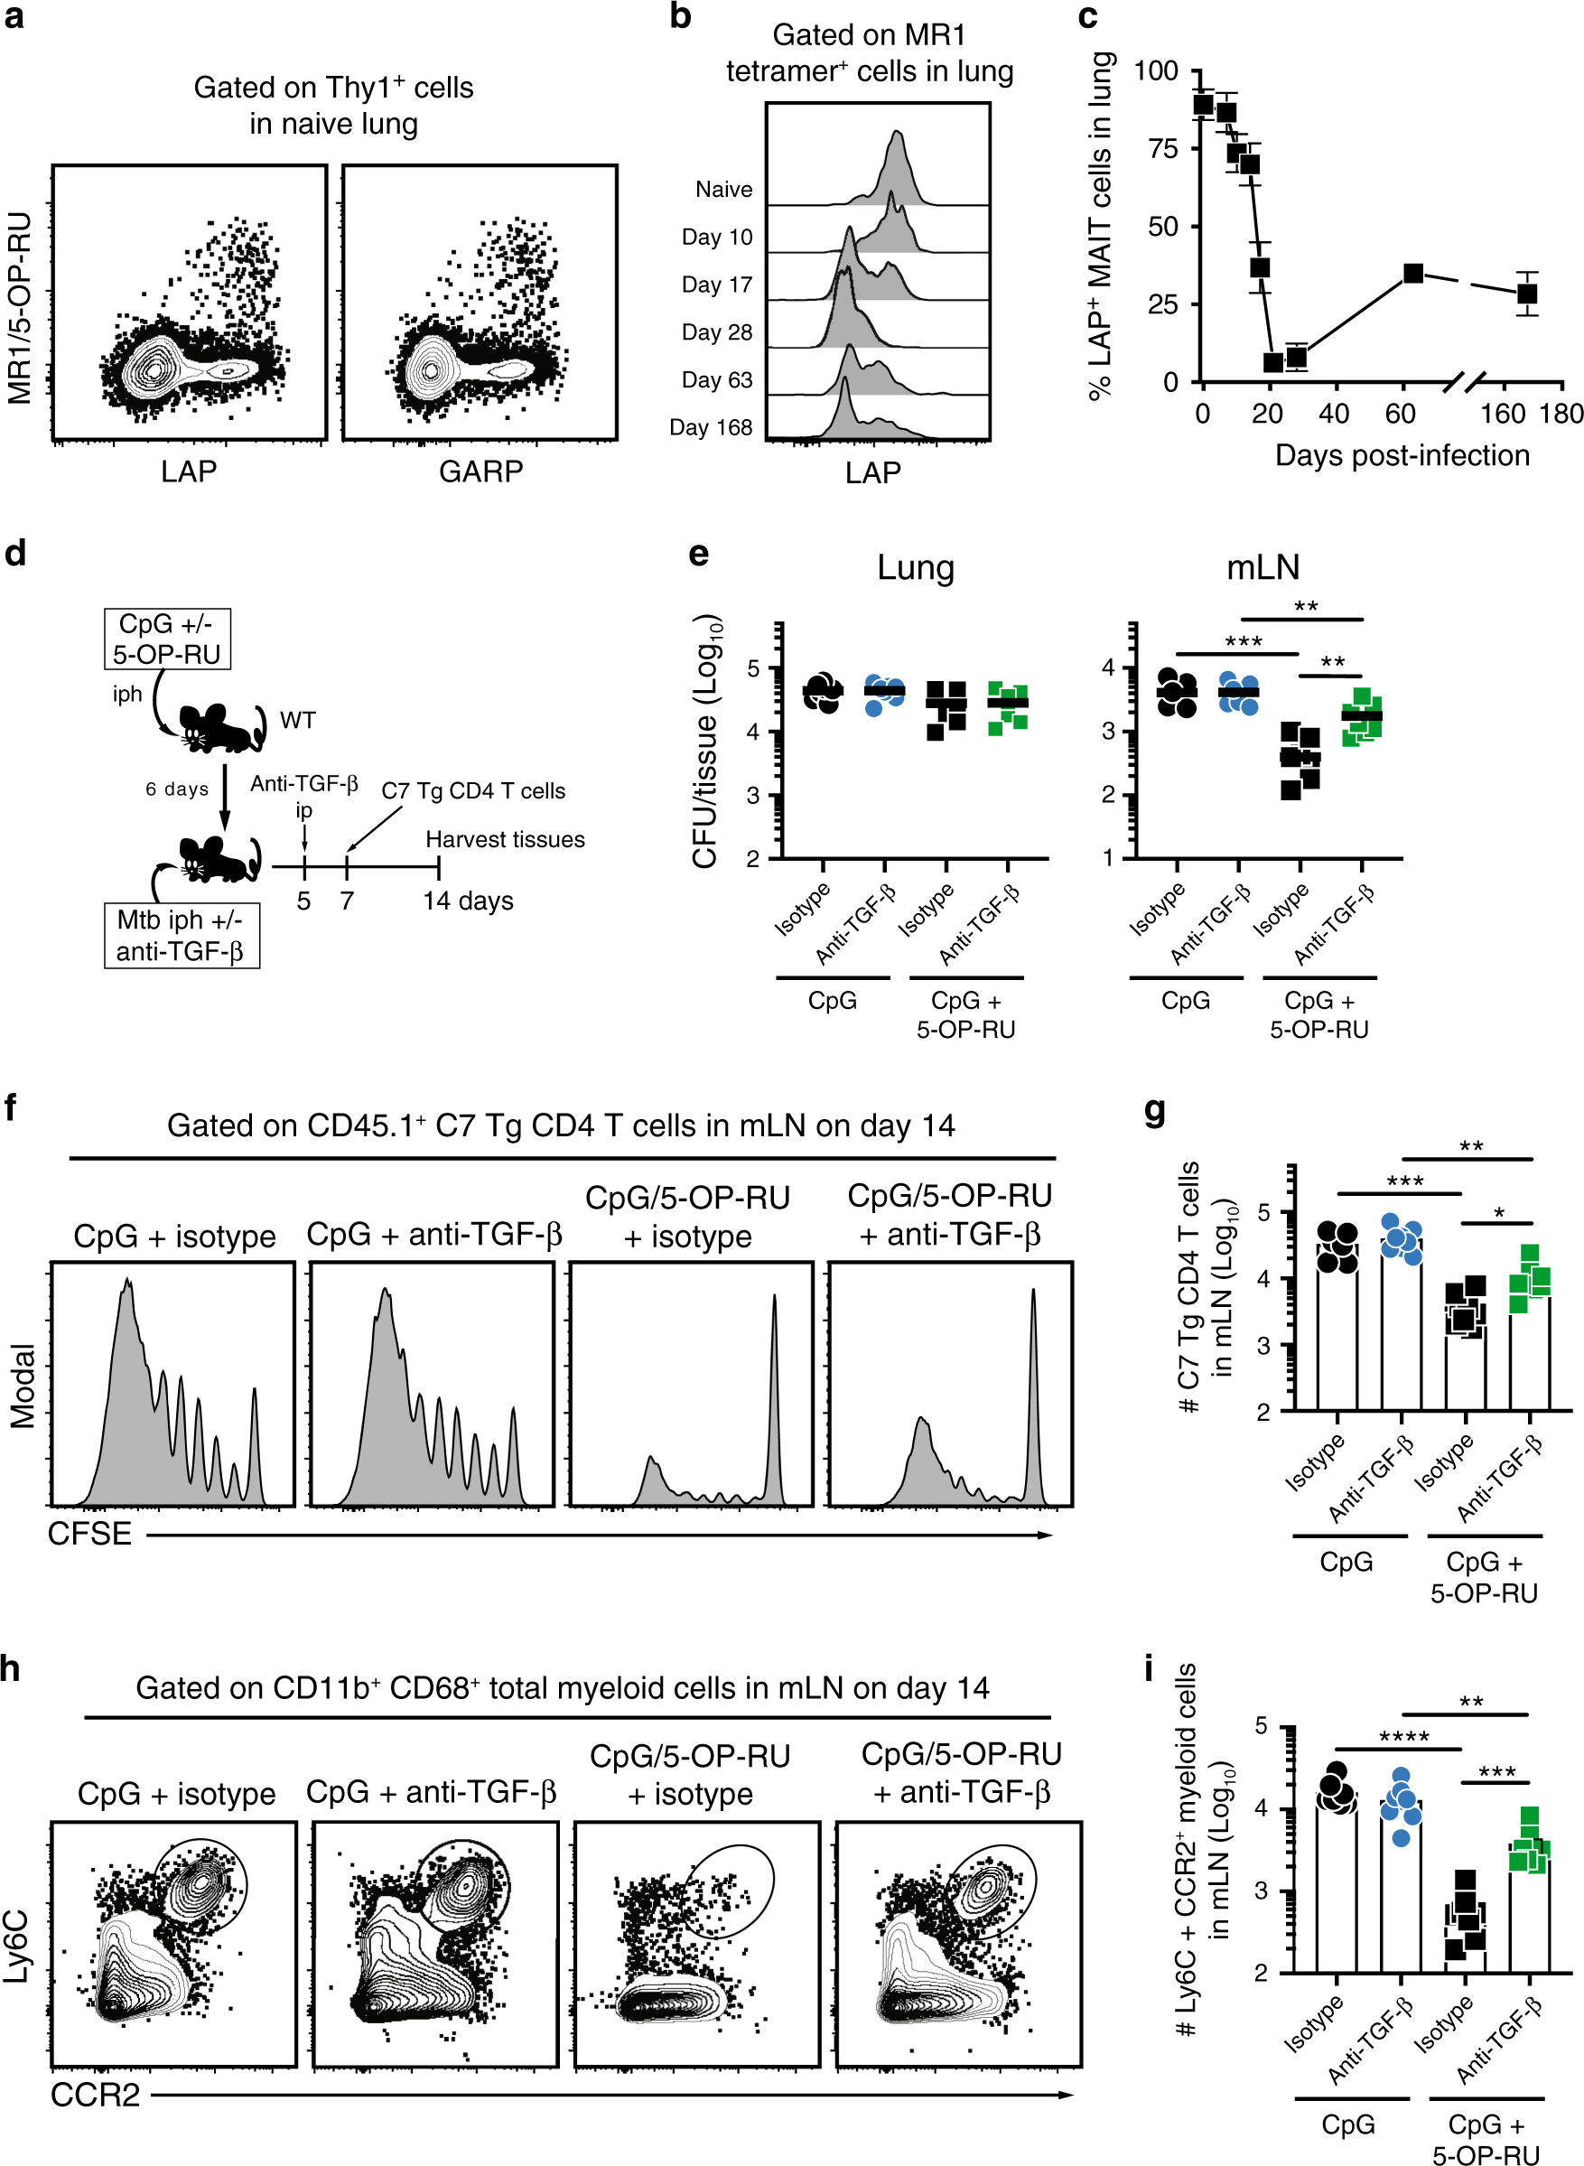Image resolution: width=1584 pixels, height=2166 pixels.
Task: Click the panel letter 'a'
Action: coord(14,17)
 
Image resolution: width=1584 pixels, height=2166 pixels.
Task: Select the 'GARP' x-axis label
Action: coord(480,471)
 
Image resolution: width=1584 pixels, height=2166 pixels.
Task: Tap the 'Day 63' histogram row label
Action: coord(716,380)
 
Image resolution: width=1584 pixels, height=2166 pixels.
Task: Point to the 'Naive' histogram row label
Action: coord(724,190)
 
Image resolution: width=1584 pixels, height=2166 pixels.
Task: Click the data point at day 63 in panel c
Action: coord(1412,274)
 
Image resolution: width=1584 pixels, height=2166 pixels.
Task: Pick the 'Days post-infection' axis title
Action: coord(1402,455)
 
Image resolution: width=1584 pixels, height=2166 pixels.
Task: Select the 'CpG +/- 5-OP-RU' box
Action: coord(167,639)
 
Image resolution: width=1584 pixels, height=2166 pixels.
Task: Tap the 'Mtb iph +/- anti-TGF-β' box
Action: coord(181,936)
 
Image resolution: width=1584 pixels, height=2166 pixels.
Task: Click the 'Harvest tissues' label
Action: coord(506,840)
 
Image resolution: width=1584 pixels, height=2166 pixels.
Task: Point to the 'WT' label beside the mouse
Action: coord(297,720)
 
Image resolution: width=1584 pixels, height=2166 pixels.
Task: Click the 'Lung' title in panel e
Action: coord(915,567)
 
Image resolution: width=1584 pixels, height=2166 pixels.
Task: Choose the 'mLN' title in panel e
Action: coord(1263,567)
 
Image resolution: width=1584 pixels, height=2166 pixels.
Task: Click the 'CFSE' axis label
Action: coord(90,1534)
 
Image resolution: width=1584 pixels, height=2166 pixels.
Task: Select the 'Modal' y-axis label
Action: coord(22,1386)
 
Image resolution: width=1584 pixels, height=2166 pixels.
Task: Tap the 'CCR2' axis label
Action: coord(95,2095)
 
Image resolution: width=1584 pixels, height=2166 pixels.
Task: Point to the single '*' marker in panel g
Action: coord(1499,1214)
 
